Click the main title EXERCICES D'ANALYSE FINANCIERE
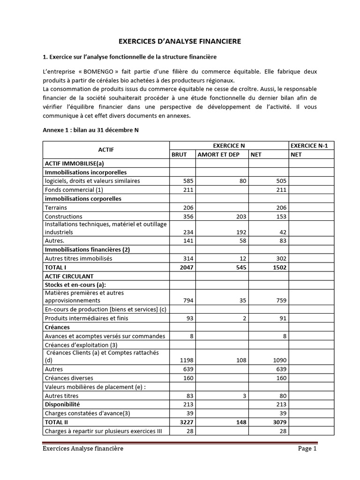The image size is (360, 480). coord(180,41)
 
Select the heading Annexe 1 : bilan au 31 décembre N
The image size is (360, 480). coord(90,131)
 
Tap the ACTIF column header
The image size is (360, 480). coord(106,150)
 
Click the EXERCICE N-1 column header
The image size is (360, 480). coord(310,146)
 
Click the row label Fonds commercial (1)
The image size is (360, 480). coord(73,190)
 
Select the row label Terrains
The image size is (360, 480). coord(56,208)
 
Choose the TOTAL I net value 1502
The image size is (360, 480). coord(278,267)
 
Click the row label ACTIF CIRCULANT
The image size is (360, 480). coord(69,276)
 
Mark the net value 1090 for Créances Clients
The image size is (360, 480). coord(278,360)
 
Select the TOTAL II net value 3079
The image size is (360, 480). coord(278,422)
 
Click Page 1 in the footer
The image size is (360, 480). coord(307,449)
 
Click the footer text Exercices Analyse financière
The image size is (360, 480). coord(82,449)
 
